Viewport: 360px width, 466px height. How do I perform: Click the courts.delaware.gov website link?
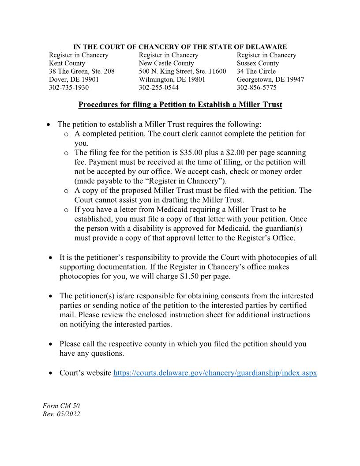(x=215, y=373)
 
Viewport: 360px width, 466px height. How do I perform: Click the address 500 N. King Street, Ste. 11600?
(x=182, y=71)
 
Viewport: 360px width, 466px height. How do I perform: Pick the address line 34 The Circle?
(x=256, y=71)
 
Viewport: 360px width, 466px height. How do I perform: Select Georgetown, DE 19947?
(x=270, y=79)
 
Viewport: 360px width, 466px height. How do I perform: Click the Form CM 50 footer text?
(x=61, y=406)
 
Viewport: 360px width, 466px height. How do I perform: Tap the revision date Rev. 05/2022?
(x=61, y=414)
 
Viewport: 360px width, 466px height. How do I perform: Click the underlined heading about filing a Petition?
(x=180, y=105)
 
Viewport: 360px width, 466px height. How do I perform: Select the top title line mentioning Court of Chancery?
(x=180, y=47)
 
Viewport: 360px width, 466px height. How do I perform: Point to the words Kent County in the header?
(x=67, y=63)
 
